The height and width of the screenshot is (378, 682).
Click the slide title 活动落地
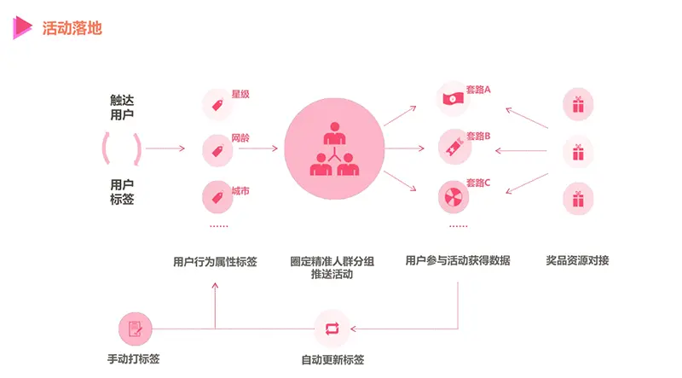(72, 28)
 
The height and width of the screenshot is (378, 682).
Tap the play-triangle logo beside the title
(22, 28)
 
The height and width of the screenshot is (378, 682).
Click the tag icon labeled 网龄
(217, 151)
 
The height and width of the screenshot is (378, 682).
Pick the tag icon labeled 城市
(217, 198)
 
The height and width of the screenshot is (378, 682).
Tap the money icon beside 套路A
(451, 99)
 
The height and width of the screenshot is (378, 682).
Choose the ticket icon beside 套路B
(451, 146)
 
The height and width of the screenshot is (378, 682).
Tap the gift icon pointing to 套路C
(577, 198)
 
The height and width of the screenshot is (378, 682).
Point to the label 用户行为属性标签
(215, 261)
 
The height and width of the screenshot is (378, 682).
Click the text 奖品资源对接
(578, 261)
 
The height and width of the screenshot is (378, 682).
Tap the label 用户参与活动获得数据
(458, 261)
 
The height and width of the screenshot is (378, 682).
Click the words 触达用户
(122, 107)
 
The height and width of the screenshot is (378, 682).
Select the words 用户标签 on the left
(122, 192)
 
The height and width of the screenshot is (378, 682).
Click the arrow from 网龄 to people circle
(257, 149)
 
